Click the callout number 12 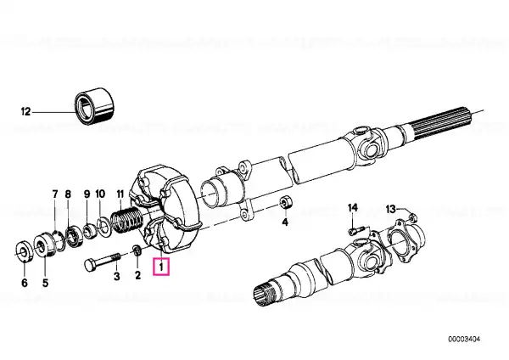pyautogui.click(x=25, y=112)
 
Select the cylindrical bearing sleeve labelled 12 pyautogui.click(x=94, y=105)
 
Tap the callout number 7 pyautogui.click(x=55, y=194)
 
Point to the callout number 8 pyautogui.click(x=68, y=194)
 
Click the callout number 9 pyautogui.click(x=87, y=194)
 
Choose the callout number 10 pyautogui.click(x=100, y=194)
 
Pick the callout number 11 pyautogui.click(x=120, y=194)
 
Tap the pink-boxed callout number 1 pyautogui.click(x=161, y=267)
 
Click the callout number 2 pyautogui.click(x=138, y=275)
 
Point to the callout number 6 pyautogui.click(x=25, y=283)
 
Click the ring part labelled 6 pyautogui.click(x=25, y=250)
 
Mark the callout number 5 pyautogui.click(x=45, y=283)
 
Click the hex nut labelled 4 pyautogui.click(x=286, y=202)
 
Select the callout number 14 pyautogui.click(x=353, y=207)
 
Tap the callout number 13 pyautogui.click(x=391, y=209)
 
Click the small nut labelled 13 pyautogui.click(x=411, y=217)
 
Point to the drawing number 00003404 pyautogui.click(x=464, y=340)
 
